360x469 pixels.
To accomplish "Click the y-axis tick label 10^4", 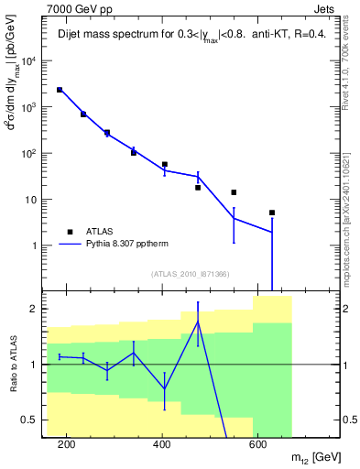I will tap(27, 61).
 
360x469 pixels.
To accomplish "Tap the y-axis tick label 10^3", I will tap(27, 107).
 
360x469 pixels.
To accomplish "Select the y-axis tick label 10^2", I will tap(27, 153).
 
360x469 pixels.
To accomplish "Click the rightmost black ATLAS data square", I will tap(272, 213).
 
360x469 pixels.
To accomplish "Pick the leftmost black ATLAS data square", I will tap(60, 90).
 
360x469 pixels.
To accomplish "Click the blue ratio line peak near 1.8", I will tap(197, 322).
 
